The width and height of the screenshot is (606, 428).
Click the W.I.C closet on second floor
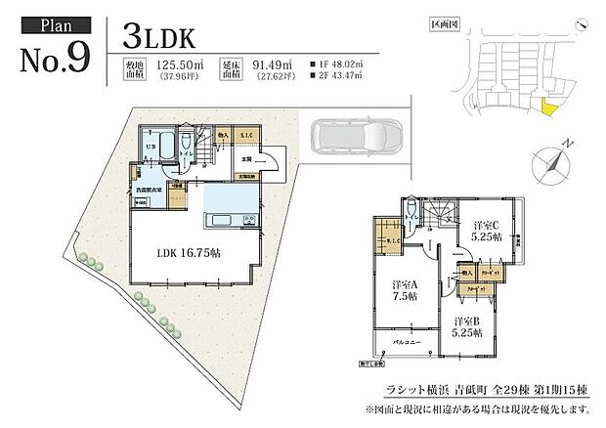click(383, 243)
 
